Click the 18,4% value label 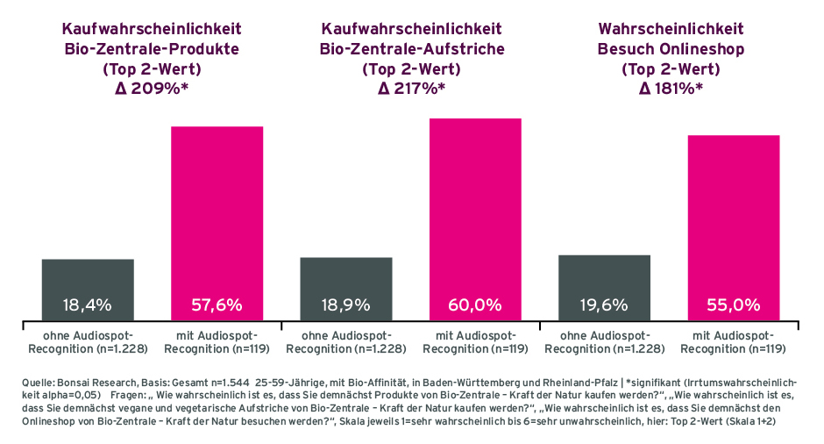click(88, 305)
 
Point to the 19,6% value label click(604, 305)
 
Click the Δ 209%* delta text click(152, 88)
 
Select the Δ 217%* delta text click(411, 88)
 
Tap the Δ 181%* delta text click(671, 88)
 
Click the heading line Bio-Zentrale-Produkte click(152, 49)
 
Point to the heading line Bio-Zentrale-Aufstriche click(411, 49)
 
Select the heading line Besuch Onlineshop click(671, 49)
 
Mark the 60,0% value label click(475, 305)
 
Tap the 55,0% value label click(733, 305)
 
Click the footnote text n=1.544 click(227, 383)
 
